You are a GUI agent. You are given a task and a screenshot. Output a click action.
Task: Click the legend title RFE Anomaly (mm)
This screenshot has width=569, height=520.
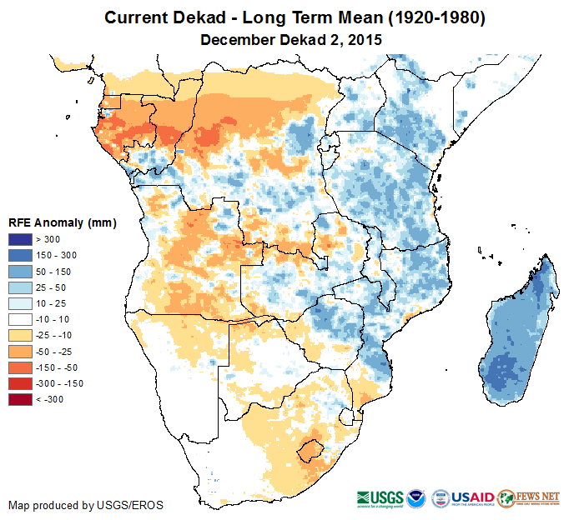pyautogui.click(x=62, y=223)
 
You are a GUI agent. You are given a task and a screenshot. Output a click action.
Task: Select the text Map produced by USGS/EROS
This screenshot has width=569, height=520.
pyautogui.click(x=86, y=505)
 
